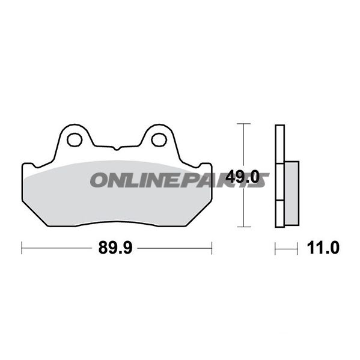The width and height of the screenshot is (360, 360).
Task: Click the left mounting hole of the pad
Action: point(75,139)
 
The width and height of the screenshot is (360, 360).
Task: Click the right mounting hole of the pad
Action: point(159,139)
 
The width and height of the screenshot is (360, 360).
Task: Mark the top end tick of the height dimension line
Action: point(242,124)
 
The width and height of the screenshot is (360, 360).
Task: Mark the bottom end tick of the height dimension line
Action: point(242,227)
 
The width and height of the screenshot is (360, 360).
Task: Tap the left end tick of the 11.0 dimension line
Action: point(275,247)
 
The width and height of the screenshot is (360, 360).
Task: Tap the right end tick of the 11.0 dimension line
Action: point(297,247)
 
